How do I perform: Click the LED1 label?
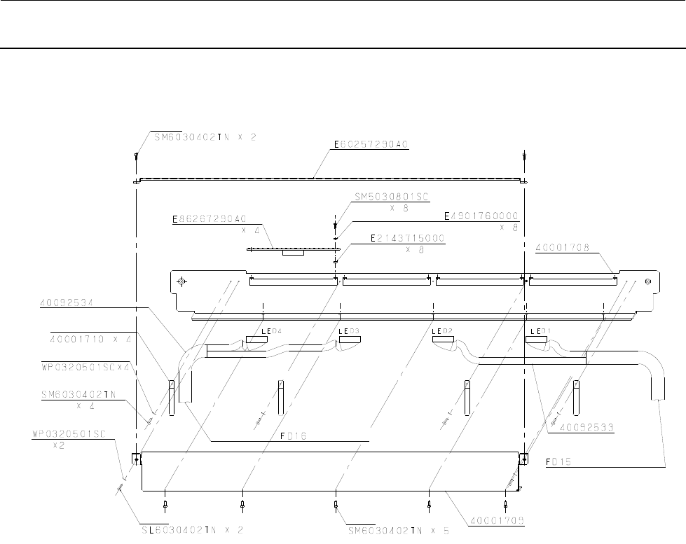coord(540,330)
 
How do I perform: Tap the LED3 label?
coord(348,330)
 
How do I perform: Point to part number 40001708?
coord(561,247)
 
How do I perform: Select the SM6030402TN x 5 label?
coord(398,529)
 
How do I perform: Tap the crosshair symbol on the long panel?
coord(181,281)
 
